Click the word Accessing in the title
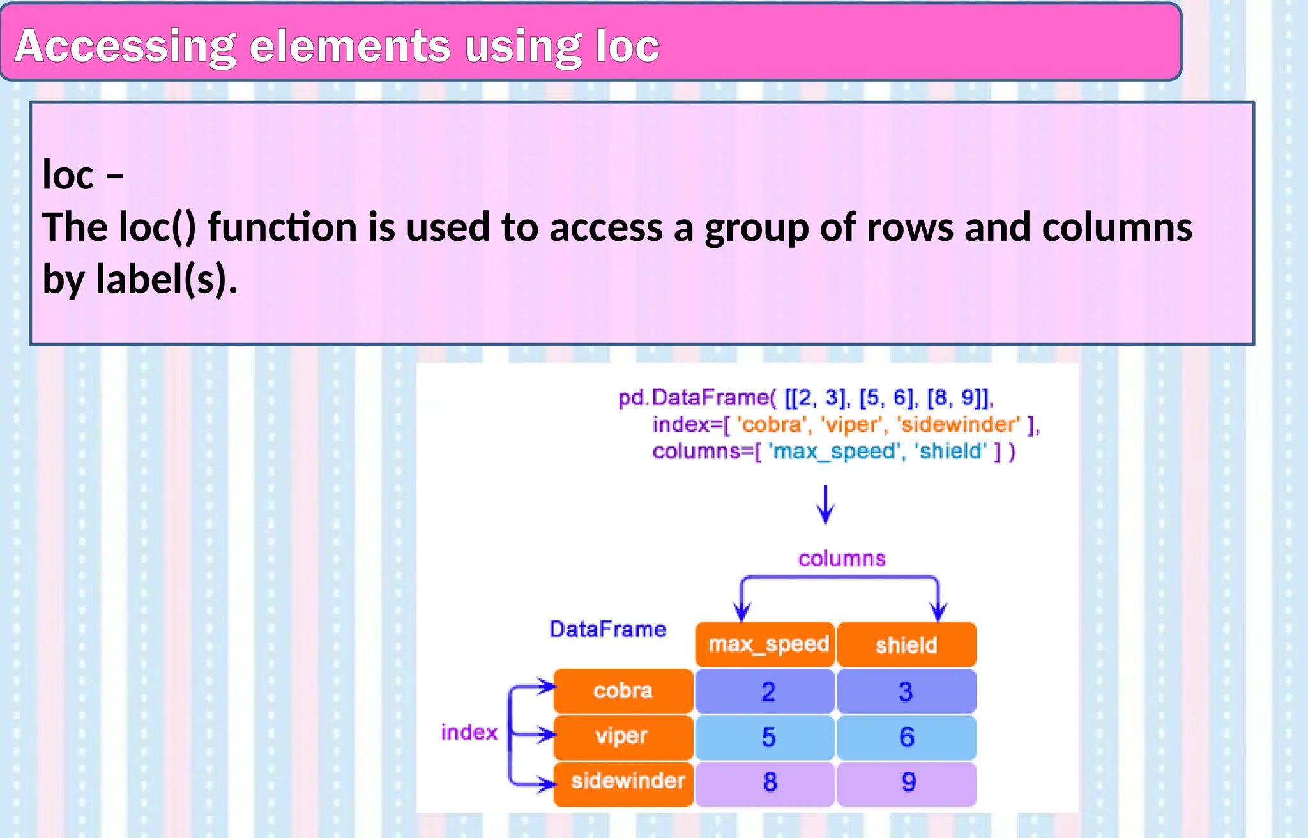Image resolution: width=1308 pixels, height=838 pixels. click(125, 46)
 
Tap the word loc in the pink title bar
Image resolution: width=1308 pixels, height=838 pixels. click(627, 46)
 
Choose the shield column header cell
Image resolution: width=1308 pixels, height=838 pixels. click(906, 644)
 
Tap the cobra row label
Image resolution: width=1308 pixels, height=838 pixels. click(623, 690)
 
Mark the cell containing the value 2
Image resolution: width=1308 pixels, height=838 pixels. click(768, 692)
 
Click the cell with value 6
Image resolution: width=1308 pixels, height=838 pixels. click(907, 737)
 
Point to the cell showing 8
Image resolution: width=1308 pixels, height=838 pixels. click(770, 782)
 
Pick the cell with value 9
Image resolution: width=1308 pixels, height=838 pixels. click(908, 782)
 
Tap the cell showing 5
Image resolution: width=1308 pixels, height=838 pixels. click(768, 737)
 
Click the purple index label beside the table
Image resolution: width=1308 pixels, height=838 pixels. click(469, 732)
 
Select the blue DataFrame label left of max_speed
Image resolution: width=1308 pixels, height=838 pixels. click(607, 629)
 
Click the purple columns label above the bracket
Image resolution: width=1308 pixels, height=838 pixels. click(842, 559)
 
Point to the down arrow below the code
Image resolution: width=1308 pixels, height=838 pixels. click(825, 505)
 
